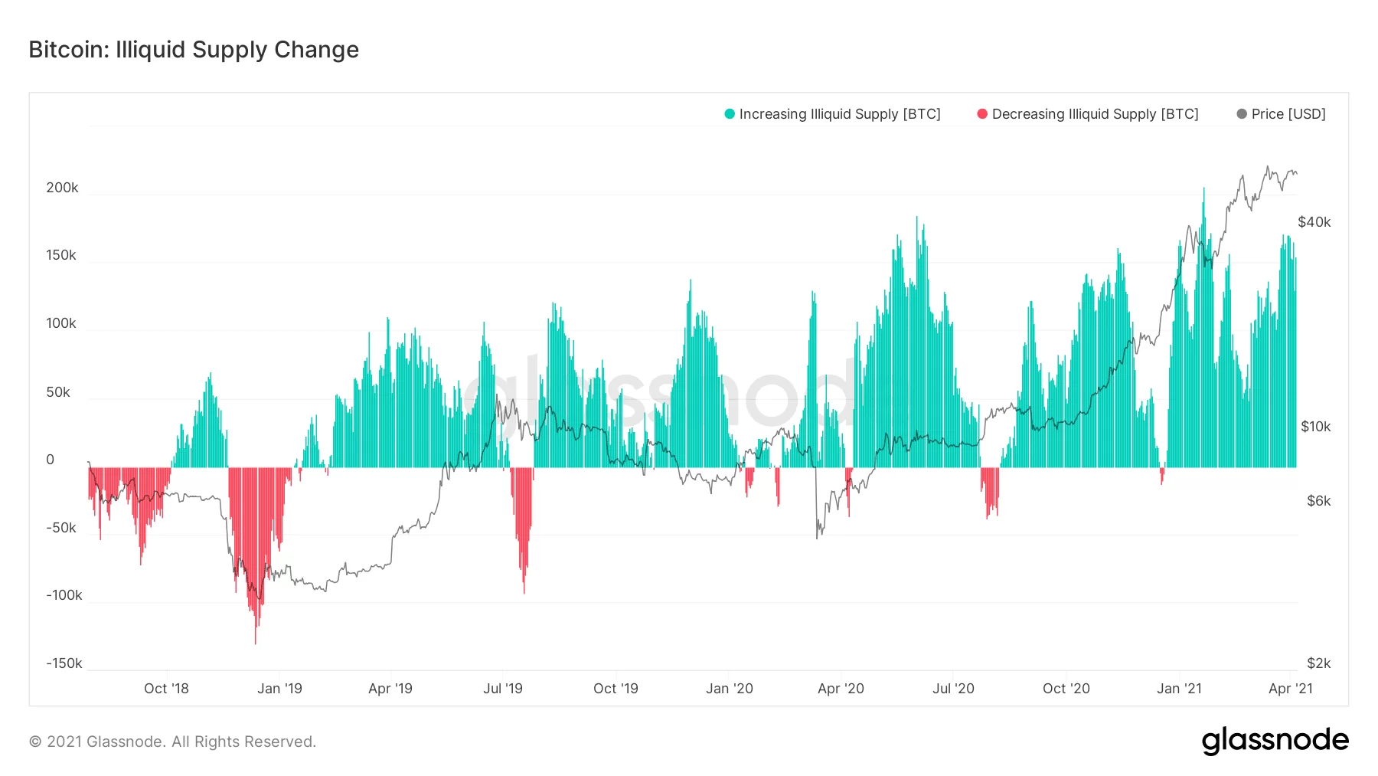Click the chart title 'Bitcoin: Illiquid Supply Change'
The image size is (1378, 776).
point(194,50)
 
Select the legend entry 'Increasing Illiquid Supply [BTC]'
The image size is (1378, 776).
point(839,114)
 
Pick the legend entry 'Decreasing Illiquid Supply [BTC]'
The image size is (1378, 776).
point(1095,114)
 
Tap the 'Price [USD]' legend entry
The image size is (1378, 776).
point(1288,114)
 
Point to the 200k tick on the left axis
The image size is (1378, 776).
point(62,188)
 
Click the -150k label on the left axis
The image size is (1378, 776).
point(64,663)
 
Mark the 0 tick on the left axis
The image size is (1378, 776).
point(51,460)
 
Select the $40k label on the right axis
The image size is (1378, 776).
point(1314,222)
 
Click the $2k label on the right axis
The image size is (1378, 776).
point(1318,663)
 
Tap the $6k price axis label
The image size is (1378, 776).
point(1318,501)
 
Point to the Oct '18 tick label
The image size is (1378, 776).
point(166,689)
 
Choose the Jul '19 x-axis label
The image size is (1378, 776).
point(503,689)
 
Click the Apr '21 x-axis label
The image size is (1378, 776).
point(1290,689)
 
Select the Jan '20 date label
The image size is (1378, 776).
point(729,689)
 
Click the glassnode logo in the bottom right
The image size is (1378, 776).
point(1275,741)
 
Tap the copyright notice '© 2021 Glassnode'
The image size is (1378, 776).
point(172,742)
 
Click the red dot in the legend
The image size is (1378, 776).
point(982,114)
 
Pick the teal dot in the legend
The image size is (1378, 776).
point(730,114)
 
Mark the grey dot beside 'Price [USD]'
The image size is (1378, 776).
point(1242,114)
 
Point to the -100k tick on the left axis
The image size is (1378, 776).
point(64,595)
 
